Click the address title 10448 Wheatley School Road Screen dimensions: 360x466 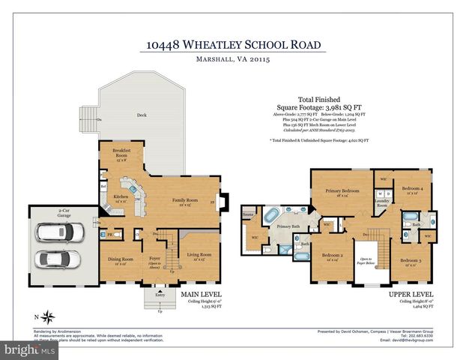(232, 46)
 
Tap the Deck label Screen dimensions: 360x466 (141, 115)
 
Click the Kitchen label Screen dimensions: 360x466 (121, 197)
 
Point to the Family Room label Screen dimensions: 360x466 (185, 200)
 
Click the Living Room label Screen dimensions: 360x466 (198, 256)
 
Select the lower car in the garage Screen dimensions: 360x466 (58, 260)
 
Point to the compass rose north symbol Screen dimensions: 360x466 (48, 315)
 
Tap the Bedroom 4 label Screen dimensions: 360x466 (411, 187)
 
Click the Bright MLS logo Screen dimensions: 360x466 (30, 349)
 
